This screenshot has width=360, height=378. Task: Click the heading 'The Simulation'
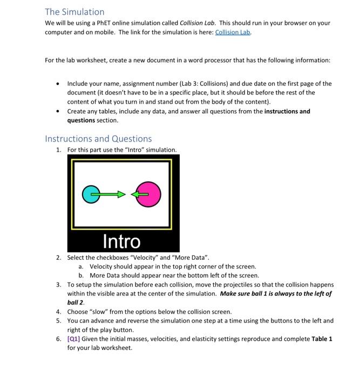(x=74, y=11)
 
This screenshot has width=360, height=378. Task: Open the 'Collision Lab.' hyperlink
(x=233, y=32)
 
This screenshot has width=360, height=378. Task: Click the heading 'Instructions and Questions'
(x=98, y=139)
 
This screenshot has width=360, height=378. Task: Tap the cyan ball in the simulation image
(x=92, y=193)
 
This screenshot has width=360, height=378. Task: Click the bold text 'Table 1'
(x=322, y=339)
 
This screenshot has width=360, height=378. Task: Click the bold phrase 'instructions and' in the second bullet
(x=287, y=111)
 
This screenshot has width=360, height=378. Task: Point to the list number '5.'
(x=59, y=321)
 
